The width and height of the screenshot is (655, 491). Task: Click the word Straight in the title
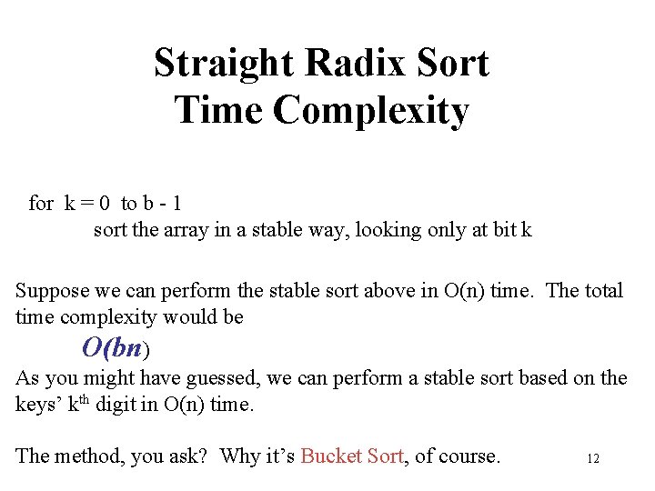click(x=225, y=64)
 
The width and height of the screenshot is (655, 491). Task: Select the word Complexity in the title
click(x=371, y=111)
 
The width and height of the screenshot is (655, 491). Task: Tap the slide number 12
click(x=593, y=459)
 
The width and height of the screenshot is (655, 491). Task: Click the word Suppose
click(x=51, y=291)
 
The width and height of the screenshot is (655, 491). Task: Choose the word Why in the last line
click(x=240, y=456)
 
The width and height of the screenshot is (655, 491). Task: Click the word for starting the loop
click(x=41, y=203)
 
